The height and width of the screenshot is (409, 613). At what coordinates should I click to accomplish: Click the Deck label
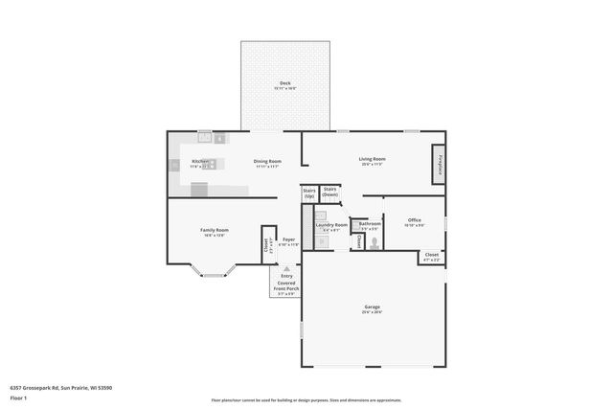point(284,84)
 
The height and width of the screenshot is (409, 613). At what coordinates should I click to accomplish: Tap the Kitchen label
point(200,161)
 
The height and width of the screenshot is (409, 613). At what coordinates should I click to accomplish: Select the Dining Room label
point(267,161)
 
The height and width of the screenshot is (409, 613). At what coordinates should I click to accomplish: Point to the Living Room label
point(373,159)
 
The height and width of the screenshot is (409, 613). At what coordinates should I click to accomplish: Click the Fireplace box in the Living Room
point(440,164)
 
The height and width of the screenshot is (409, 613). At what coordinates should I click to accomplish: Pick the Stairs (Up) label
point(309,193)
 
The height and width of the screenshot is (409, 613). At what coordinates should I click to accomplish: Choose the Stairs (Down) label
point(330,192)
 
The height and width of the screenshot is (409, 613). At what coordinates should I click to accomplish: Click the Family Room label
point(214,231)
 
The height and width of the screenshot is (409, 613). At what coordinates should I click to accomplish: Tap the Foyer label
point(288,239)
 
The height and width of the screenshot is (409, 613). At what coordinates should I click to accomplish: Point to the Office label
point(414,220)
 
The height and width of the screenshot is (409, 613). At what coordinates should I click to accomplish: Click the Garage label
point(372,307)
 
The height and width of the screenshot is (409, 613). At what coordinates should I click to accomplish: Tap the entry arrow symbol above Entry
point(286,269)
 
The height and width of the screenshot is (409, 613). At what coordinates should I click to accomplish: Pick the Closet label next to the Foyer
point(265,246)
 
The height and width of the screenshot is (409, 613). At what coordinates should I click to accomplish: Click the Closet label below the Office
point(431,255)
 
